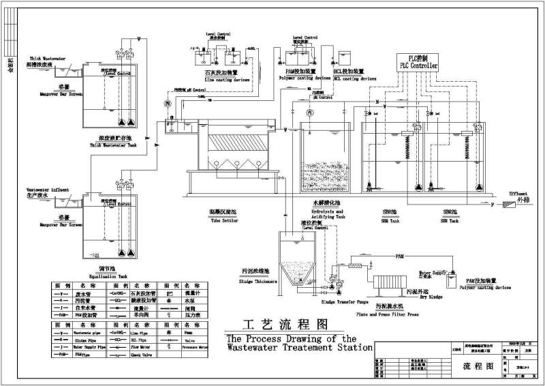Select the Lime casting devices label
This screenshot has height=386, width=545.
[222, 80]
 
